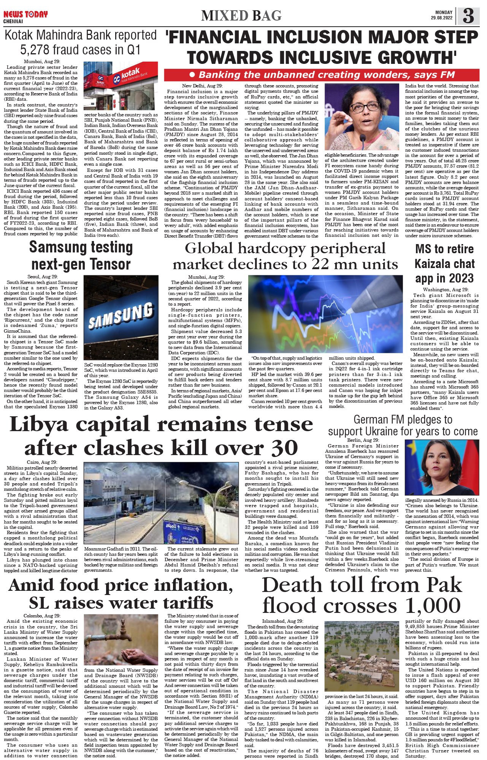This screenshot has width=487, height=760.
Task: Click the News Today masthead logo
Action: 25,14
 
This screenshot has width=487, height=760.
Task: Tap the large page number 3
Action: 468,16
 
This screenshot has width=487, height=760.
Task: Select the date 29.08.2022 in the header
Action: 441,18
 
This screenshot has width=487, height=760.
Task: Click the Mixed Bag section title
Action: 241,16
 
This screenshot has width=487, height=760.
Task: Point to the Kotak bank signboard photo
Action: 121,86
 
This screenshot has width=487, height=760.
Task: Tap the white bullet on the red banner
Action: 192,75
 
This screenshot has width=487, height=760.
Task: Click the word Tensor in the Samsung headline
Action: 106,264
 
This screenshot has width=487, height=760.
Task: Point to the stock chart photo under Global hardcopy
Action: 325,314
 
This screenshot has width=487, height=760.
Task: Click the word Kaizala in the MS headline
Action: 444,263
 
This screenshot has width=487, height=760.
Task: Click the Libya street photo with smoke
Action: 162,503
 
